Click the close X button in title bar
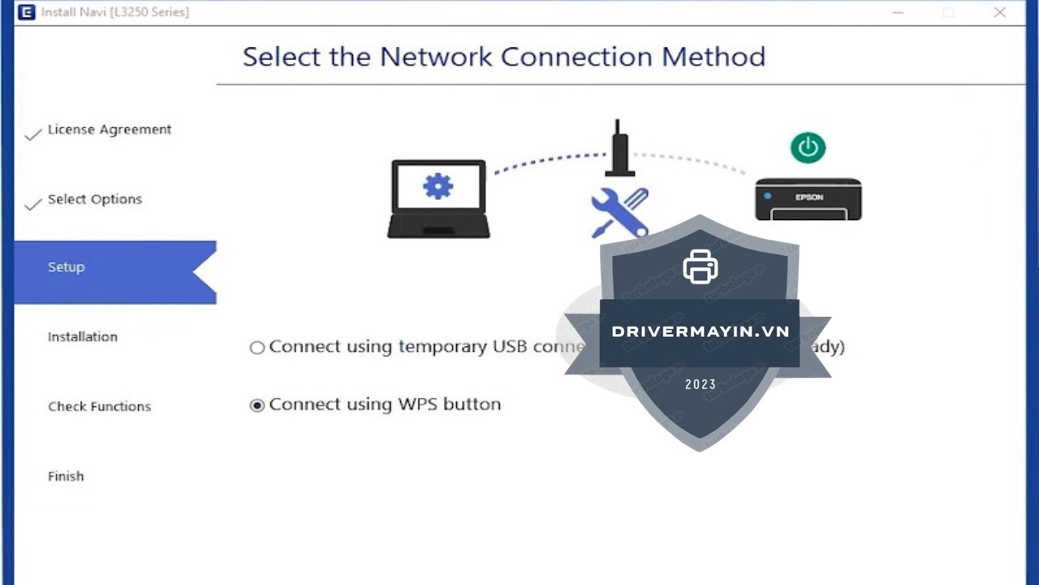1000,12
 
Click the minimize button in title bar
898,13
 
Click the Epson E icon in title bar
27,12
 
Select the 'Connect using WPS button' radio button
257,405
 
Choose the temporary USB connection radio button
257,348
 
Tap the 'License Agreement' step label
110,129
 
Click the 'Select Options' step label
95,199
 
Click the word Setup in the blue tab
66,267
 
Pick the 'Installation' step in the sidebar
83,336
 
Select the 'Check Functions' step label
99,406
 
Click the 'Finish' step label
66,476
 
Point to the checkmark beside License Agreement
32,134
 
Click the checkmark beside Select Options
32,204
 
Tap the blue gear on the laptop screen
438,187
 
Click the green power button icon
808,148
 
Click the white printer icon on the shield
700,266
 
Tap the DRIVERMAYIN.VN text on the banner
700,331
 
